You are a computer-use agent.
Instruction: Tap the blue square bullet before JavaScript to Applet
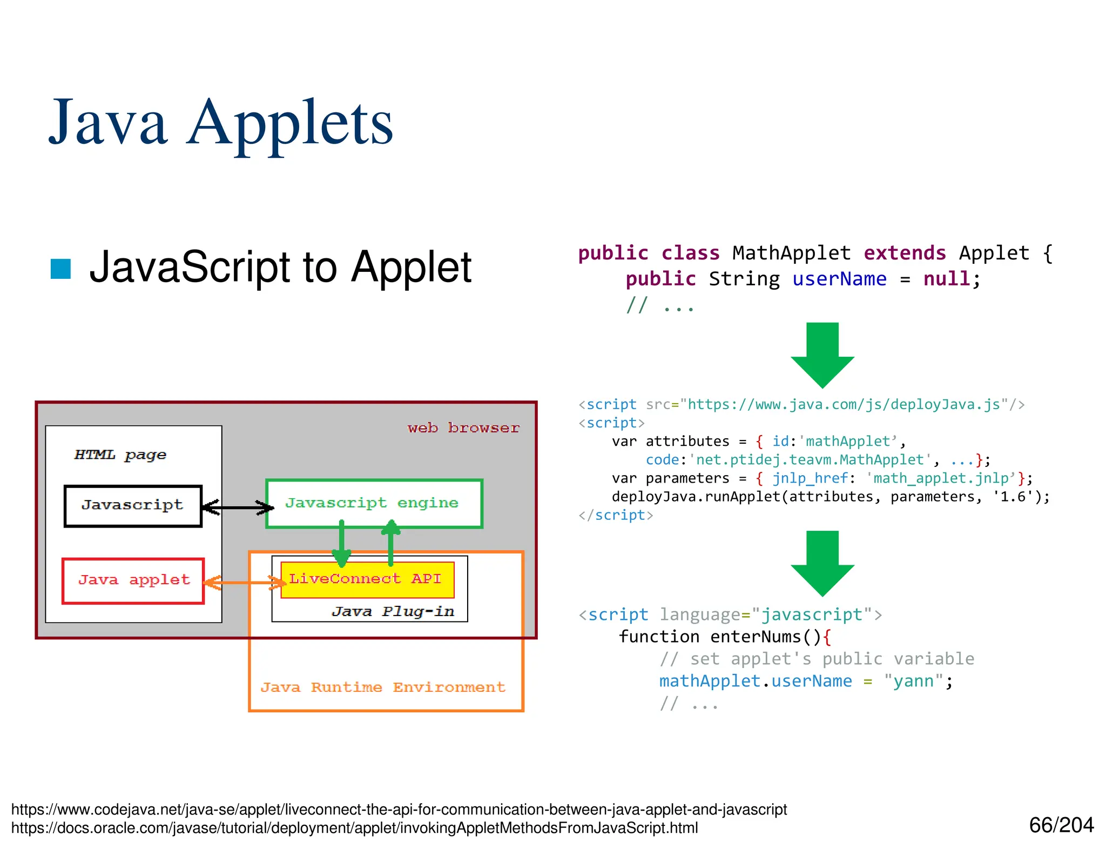tap(60, 269)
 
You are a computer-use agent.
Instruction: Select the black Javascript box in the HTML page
tap(133, 506)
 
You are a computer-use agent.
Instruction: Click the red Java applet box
tap(133, 580)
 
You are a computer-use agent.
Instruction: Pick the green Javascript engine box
tap(374, 503)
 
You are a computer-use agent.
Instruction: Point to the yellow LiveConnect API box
tap(367, 579)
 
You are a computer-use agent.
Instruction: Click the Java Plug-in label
tap(393, 611)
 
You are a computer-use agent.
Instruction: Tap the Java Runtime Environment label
tap(383, 687)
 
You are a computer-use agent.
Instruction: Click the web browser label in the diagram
tap(463, 428)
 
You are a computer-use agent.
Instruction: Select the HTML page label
tap(120, 455)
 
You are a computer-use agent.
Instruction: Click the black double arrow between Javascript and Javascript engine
tap(238, 507)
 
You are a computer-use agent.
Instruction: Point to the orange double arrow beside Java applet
tap(244, 583)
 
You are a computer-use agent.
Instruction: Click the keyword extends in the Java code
tap(905, 253)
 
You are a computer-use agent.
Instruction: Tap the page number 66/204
tap(1061, 825)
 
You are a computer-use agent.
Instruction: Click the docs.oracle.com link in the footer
tap(354, 828)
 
